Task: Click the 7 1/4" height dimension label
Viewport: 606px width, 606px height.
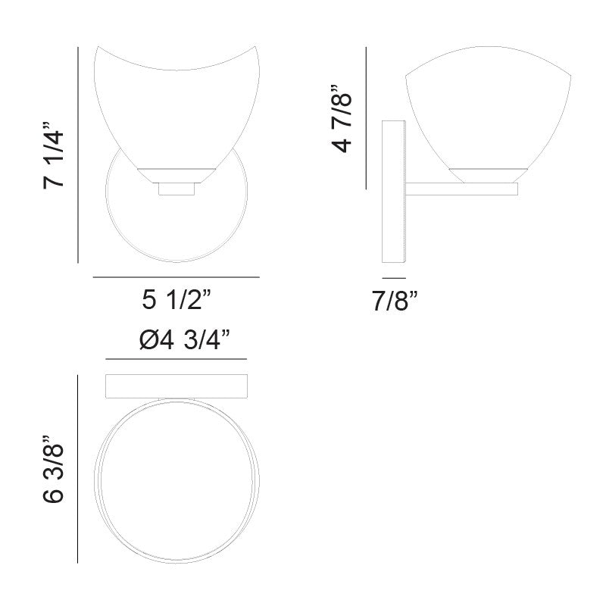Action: click(54, 155)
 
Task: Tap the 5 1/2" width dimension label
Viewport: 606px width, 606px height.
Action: click(176, 299)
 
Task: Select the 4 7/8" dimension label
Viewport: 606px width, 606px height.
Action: click(342, 119)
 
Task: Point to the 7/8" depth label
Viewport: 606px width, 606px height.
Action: click(395, 301)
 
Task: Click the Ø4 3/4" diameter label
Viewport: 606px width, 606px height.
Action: click(185, 340)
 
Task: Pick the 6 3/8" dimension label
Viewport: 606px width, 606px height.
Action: click(53, 469)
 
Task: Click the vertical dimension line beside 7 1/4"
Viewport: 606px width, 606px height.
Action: click(78, 155)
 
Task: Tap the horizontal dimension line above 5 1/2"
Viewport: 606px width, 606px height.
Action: click(176, 277)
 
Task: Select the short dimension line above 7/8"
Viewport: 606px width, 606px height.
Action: click(394, 278)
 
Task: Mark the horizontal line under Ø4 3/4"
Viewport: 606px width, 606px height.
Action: click(176, 359)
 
